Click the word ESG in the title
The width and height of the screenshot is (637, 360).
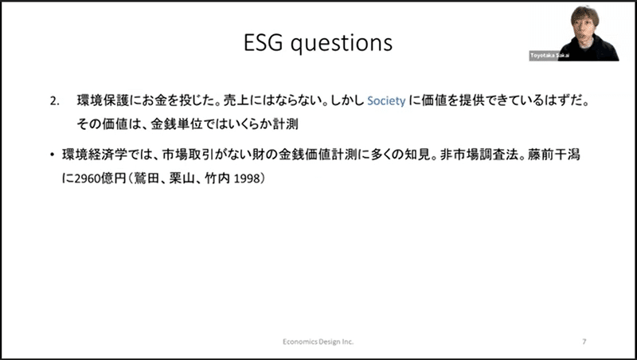[264, 42]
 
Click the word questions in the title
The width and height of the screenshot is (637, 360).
[342, 44]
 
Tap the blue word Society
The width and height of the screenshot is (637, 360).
[386, 101]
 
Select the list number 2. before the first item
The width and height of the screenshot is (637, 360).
[54, 101]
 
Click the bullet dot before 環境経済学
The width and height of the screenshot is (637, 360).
[52, 155]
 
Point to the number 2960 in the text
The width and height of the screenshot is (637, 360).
[88, 178]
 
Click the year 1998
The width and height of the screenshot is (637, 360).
[246, 178]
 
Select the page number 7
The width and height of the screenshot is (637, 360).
[584, 342]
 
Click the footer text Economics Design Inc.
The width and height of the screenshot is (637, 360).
[318, 342]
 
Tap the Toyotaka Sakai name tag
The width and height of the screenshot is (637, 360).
[549, 56]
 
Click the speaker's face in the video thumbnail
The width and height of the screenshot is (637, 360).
[584, 25]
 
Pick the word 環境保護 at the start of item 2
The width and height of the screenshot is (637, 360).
[103, 101]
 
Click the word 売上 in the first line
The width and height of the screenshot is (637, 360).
[236, 101]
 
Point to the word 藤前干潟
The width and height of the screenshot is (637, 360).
[554, 155]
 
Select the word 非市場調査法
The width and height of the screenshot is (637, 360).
[479, 155]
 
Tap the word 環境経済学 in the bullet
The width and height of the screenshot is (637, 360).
[94, 155]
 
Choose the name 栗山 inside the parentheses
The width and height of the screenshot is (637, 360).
[182, 178]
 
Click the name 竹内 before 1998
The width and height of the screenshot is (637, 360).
[217, 178]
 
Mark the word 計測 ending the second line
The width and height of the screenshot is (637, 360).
[285, 124]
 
